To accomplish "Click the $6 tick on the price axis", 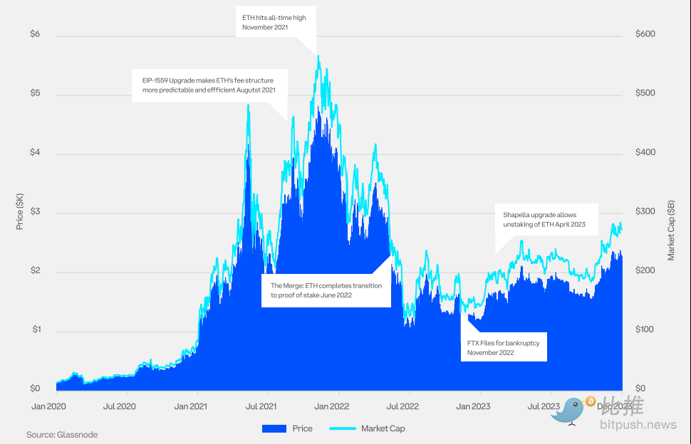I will pos(33,34).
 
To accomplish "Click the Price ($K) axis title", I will pos(19,211).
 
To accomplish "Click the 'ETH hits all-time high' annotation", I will pos(274,22).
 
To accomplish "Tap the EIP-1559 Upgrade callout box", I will pos(209,85).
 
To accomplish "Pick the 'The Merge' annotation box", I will pos(326,290).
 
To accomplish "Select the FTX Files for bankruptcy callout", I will pos(503,347).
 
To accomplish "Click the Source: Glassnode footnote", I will pos(62,434).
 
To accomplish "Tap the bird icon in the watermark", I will pos(571,411).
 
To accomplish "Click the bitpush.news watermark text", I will pos(638,425).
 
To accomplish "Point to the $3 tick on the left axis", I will pos(33,212).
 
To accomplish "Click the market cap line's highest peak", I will pos(318,56).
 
